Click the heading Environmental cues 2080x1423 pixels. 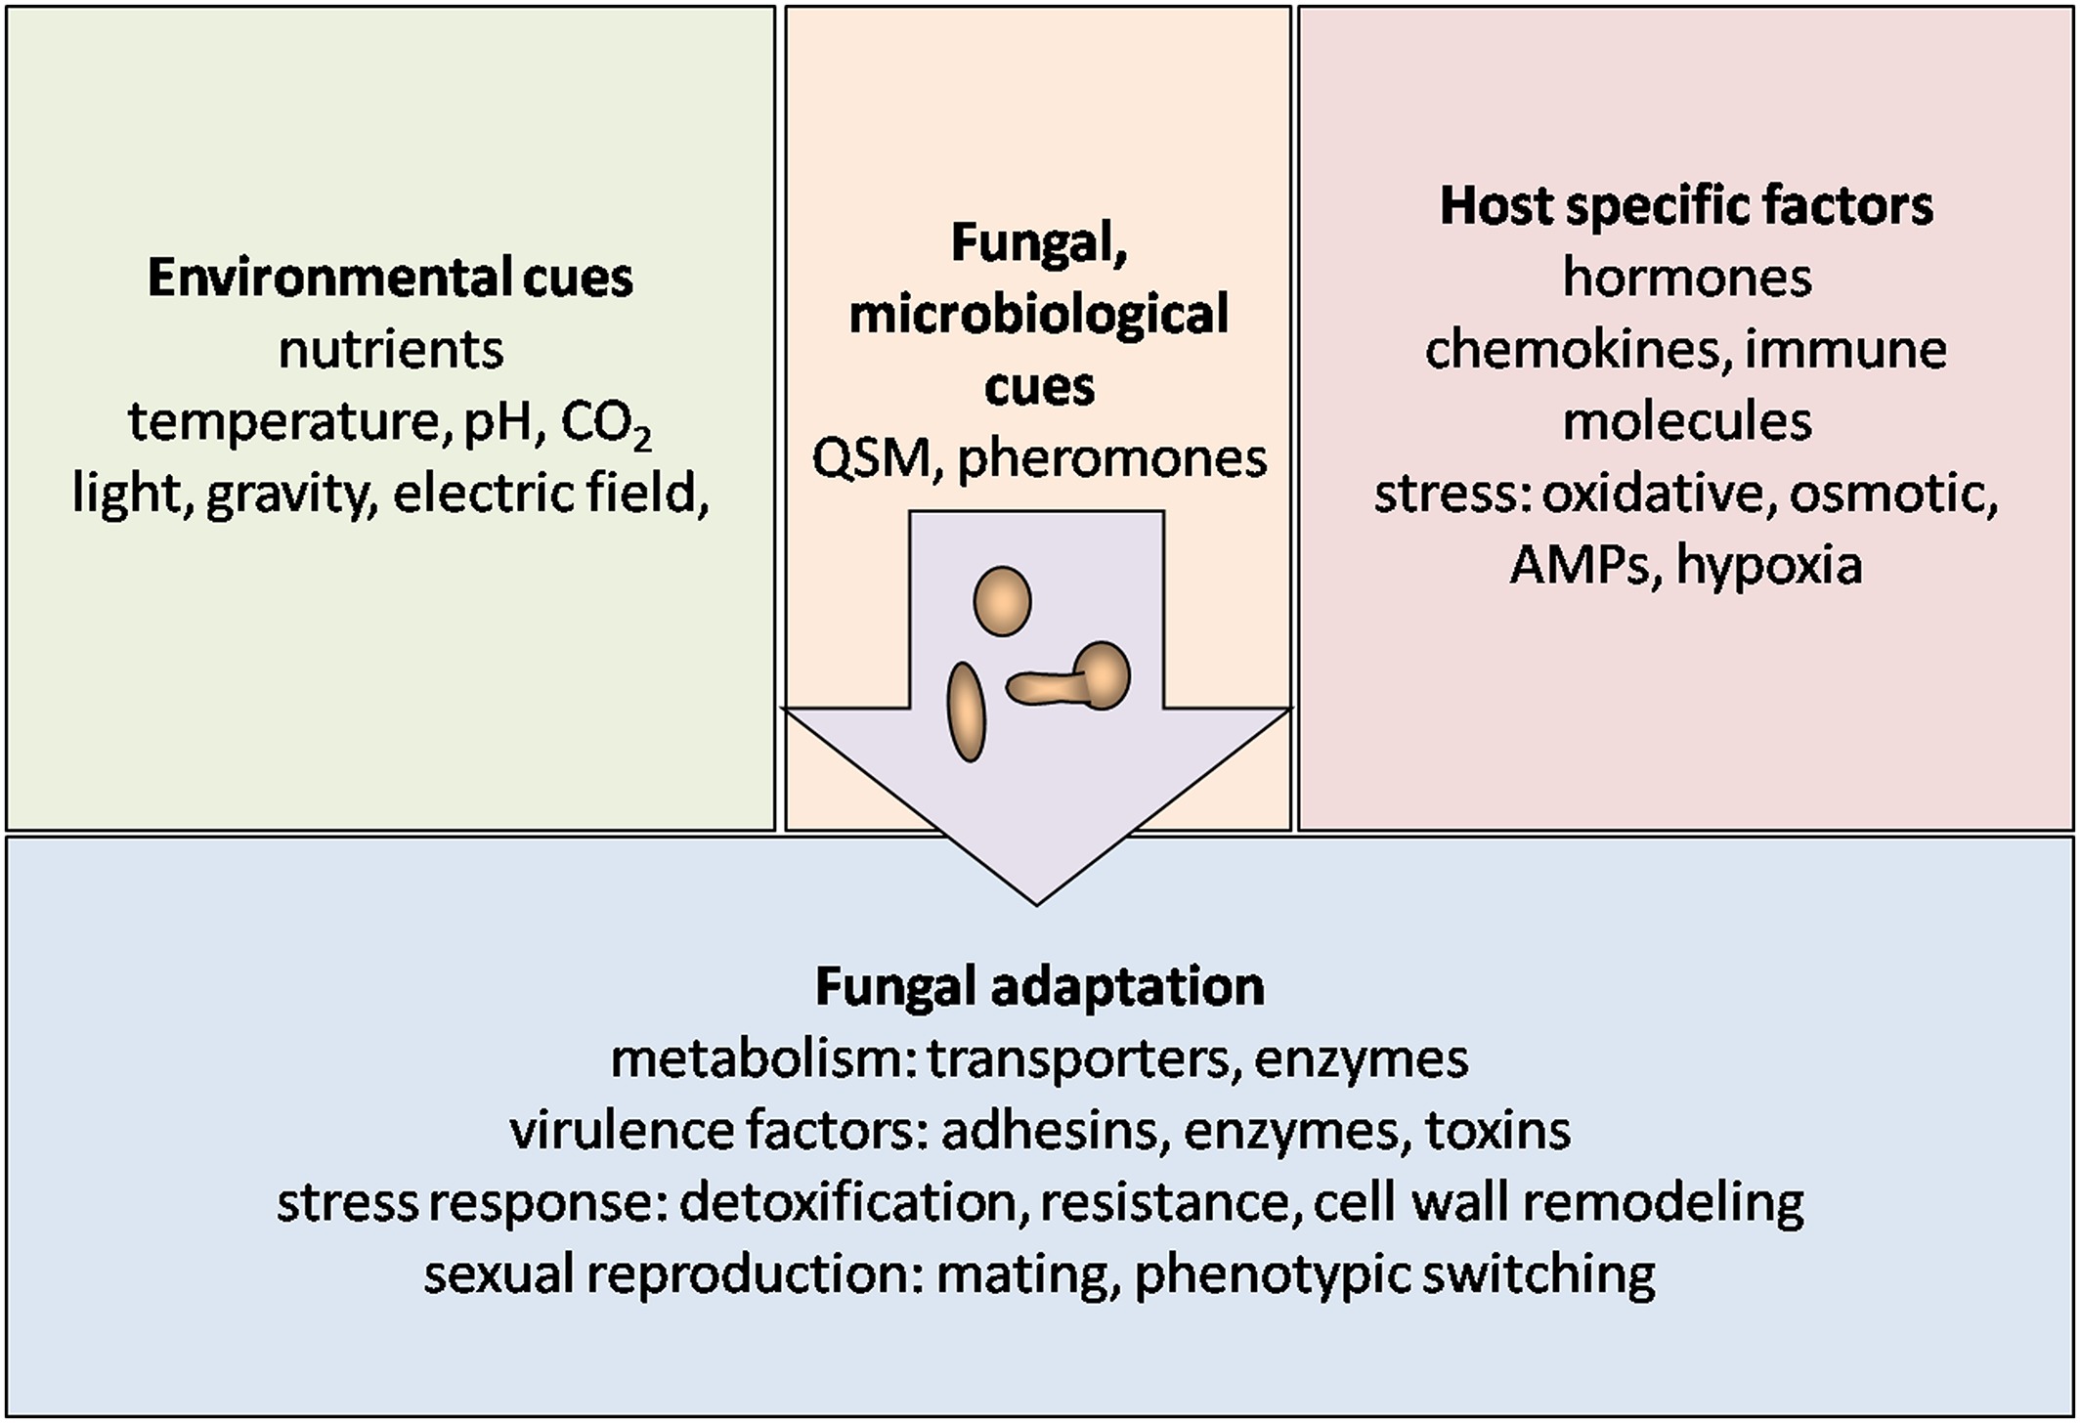390,278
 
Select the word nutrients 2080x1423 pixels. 390,350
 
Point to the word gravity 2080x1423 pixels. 291,494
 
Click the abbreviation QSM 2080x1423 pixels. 870,458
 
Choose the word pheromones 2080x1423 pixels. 1111,458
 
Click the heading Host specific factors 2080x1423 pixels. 1686,206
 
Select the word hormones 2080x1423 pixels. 1686,278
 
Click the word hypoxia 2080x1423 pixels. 1769,565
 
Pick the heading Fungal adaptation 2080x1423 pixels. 1039,986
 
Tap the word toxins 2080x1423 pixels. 1497,1131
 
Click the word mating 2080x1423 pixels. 1026,1274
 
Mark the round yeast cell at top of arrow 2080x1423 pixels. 1002,602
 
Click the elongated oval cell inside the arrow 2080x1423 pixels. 966,711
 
